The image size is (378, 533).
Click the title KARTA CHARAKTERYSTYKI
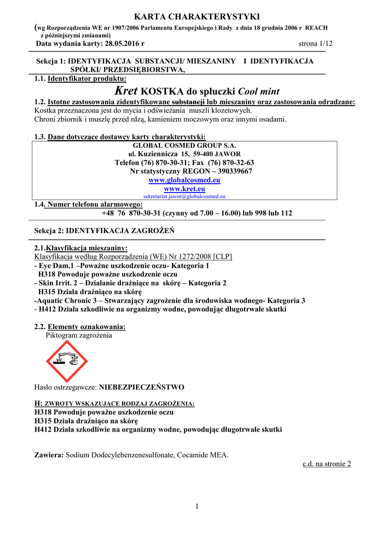coord(189,17)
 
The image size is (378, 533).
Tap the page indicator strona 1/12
coord(315,44)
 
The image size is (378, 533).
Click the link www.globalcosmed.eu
coord(184,180)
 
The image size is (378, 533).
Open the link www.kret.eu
coord(184,189)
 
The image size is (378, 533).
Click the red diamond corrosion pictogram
coord(67,361)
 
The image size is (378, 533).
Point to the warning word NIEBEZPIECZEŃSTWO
coord(141,388)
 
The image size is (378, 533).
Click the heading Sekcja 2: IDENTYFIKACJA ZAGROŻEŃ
coord(104,230)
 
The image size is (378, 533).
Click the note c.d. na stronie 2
coord(327,464)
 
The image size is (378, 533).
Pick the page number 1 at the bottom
coord(198,506)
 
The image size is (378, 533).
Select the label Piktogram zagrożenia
coord(79,336)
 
